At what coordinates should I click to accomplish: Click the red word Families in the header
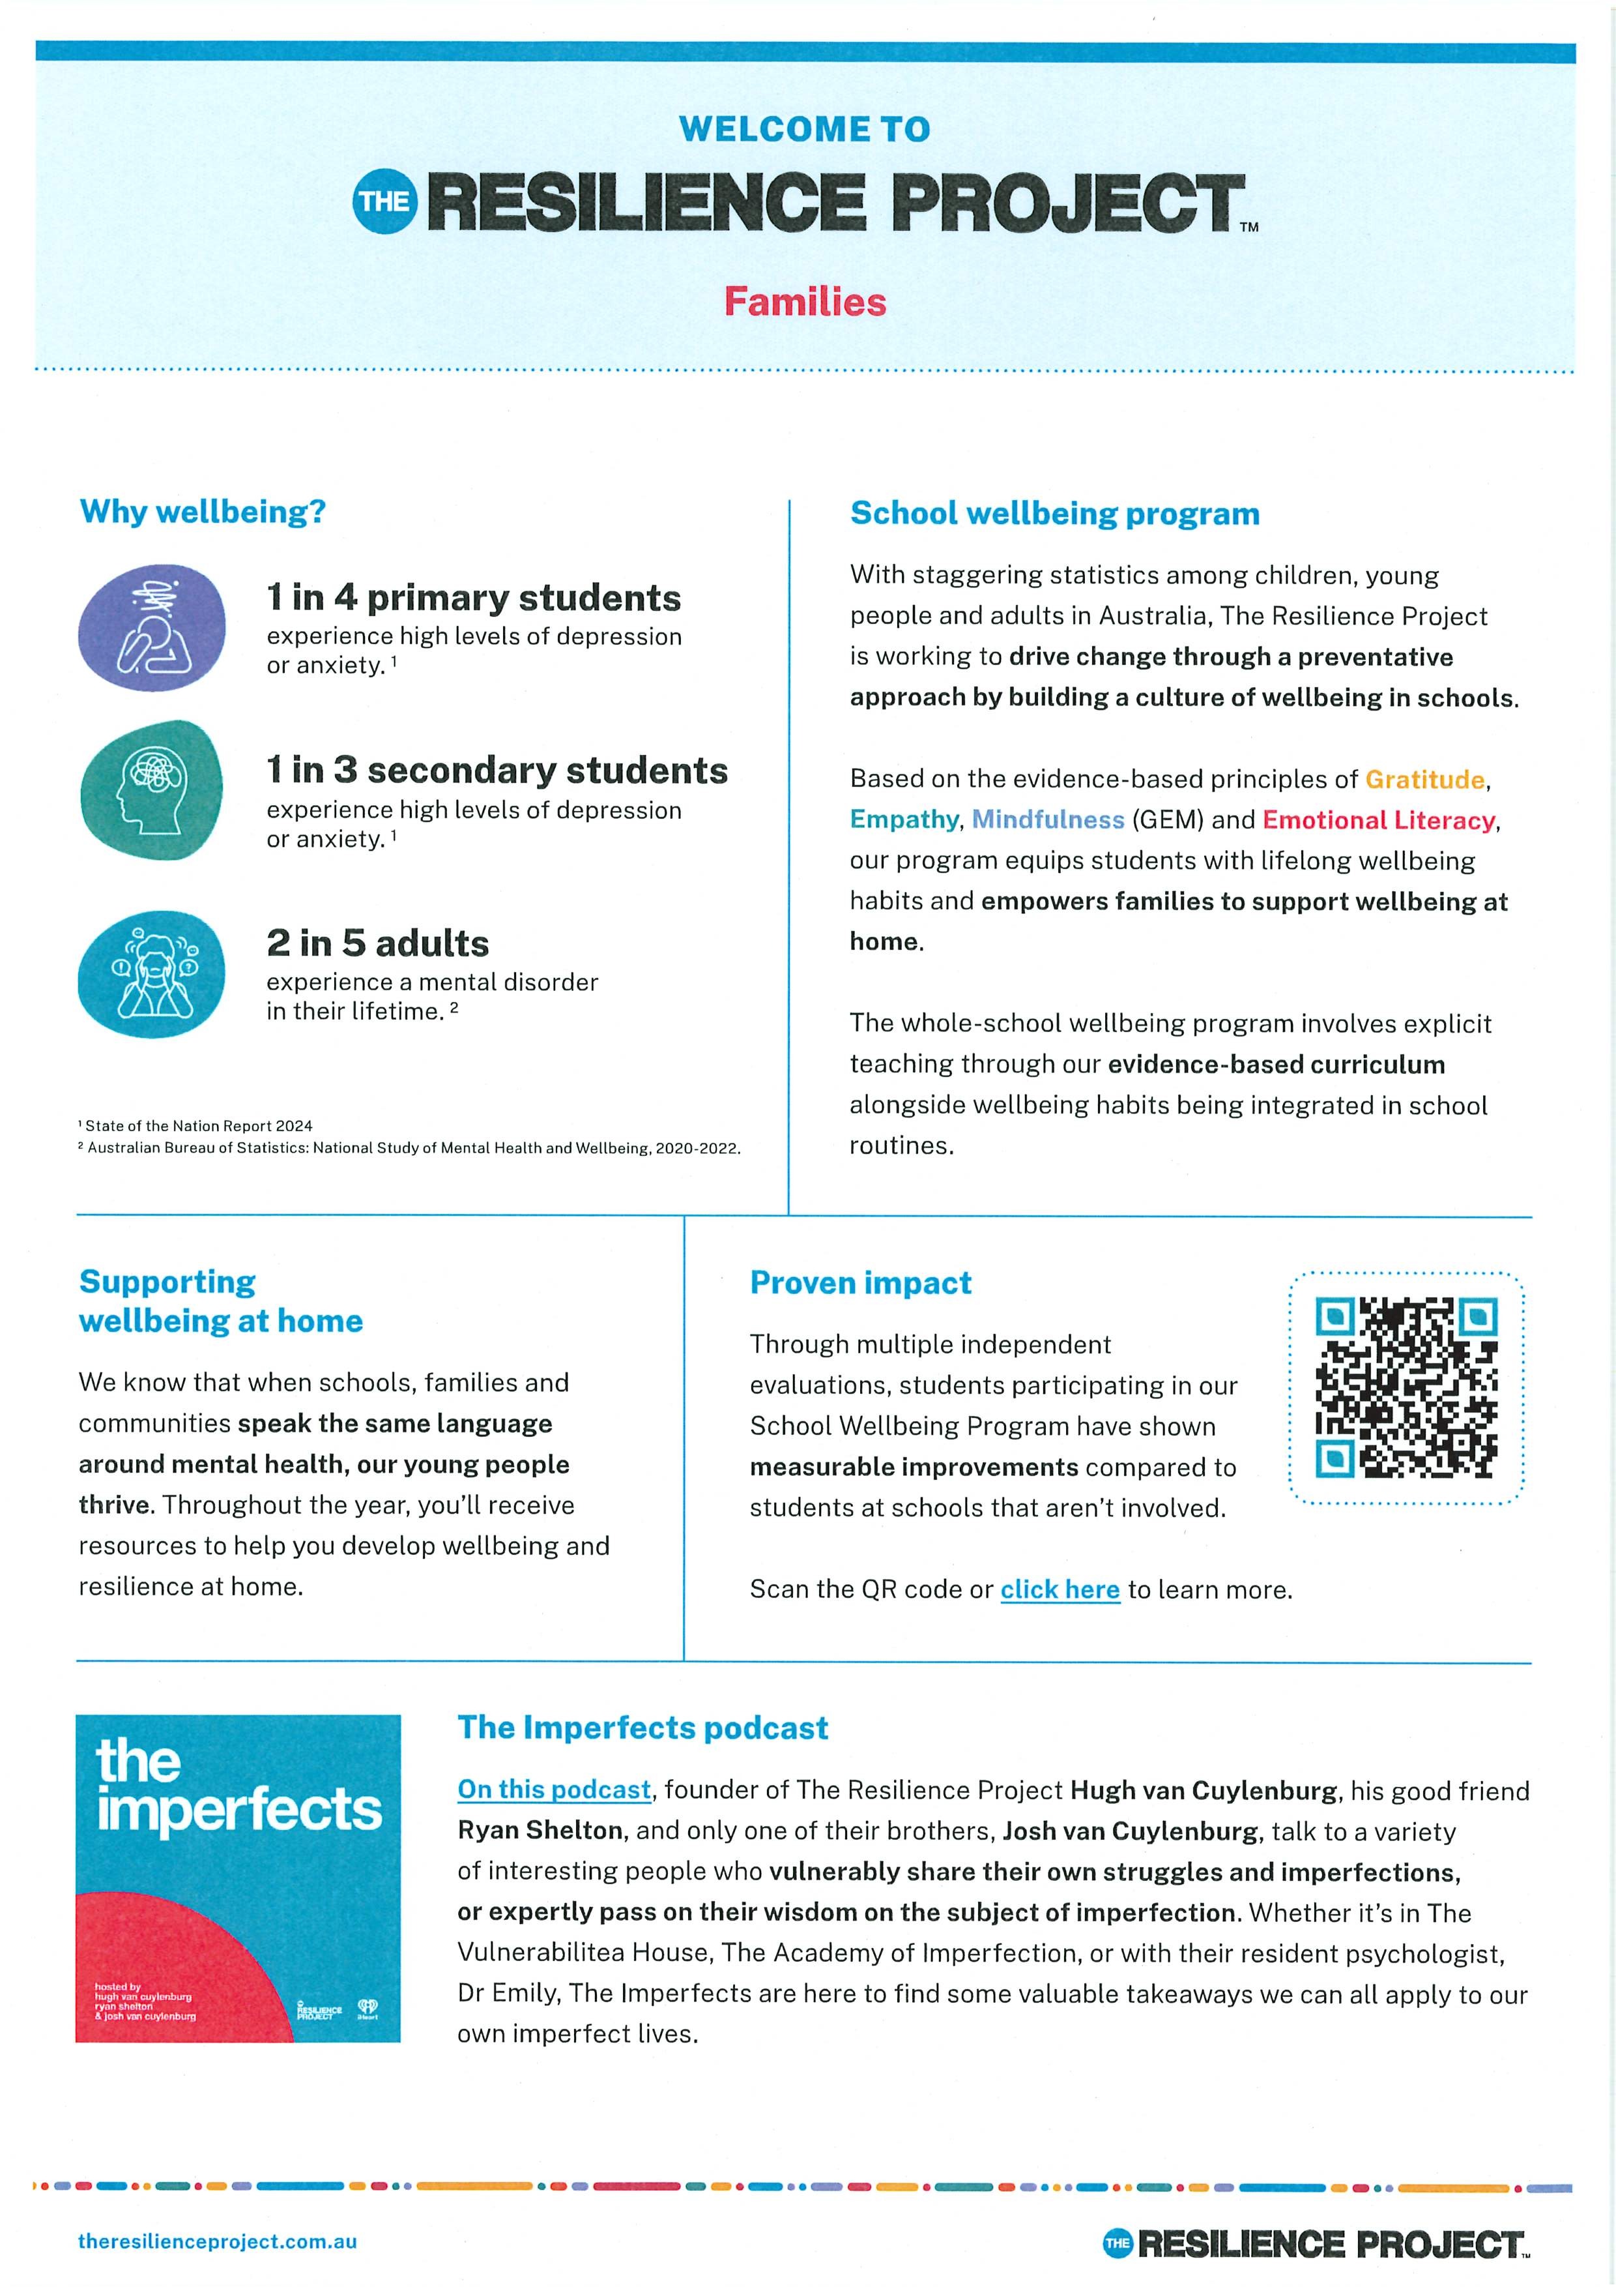click(x=805, y=302)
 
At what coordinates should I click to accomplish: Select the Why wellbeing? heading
click(x=203, y=511)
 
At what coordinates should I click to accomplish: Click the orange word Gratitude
click(x=1424, y=779)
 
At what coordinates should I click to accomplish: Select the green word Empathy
click(x=903, y=819)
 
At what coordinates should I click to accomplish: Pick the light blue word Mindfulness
click(x=1047, y=819)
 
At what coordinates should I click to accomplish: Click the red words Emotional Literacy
click(x=1379, y=819)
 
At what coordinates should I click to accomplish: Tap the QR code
click(x=1406, y=1387)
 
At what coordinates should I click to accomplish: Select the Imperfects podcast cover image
click(x=238, y=1878)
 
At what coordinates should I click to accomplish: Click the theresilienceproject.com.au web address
click(x=217, y=2241)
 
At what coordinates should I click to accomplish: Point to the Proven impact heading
click(x=860, y=1283)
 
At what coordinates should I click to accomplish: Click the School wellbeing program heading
click(x=1054, y=514)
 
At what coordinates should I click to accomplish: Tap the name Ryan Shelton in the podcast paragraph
click(x=540, y=1830)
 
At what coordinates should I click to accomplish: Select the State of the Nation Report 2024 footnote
click(x=198, y=1125)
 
